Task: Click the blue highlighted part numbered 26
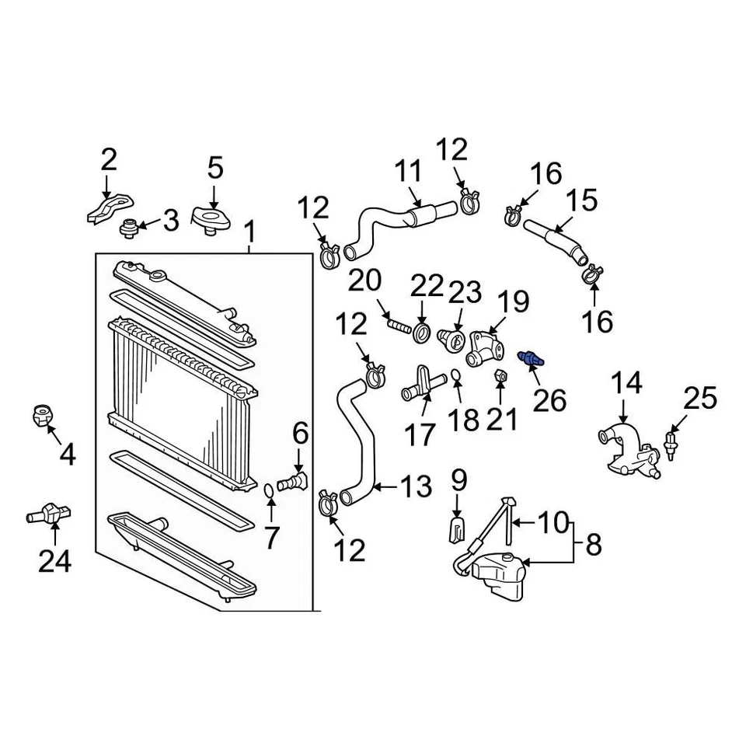pos(531,358)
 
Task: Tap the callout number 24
pos(54,559)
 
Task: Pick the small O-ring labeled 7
pos(267,491)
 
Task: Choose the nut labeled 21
pos(501,377)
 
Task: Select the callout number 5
pos(215,168)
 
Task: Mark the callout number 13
pos(415,487)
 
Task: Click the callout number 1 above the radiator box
pos(249,232)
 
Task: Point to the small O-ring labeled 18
pos(457,377)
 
